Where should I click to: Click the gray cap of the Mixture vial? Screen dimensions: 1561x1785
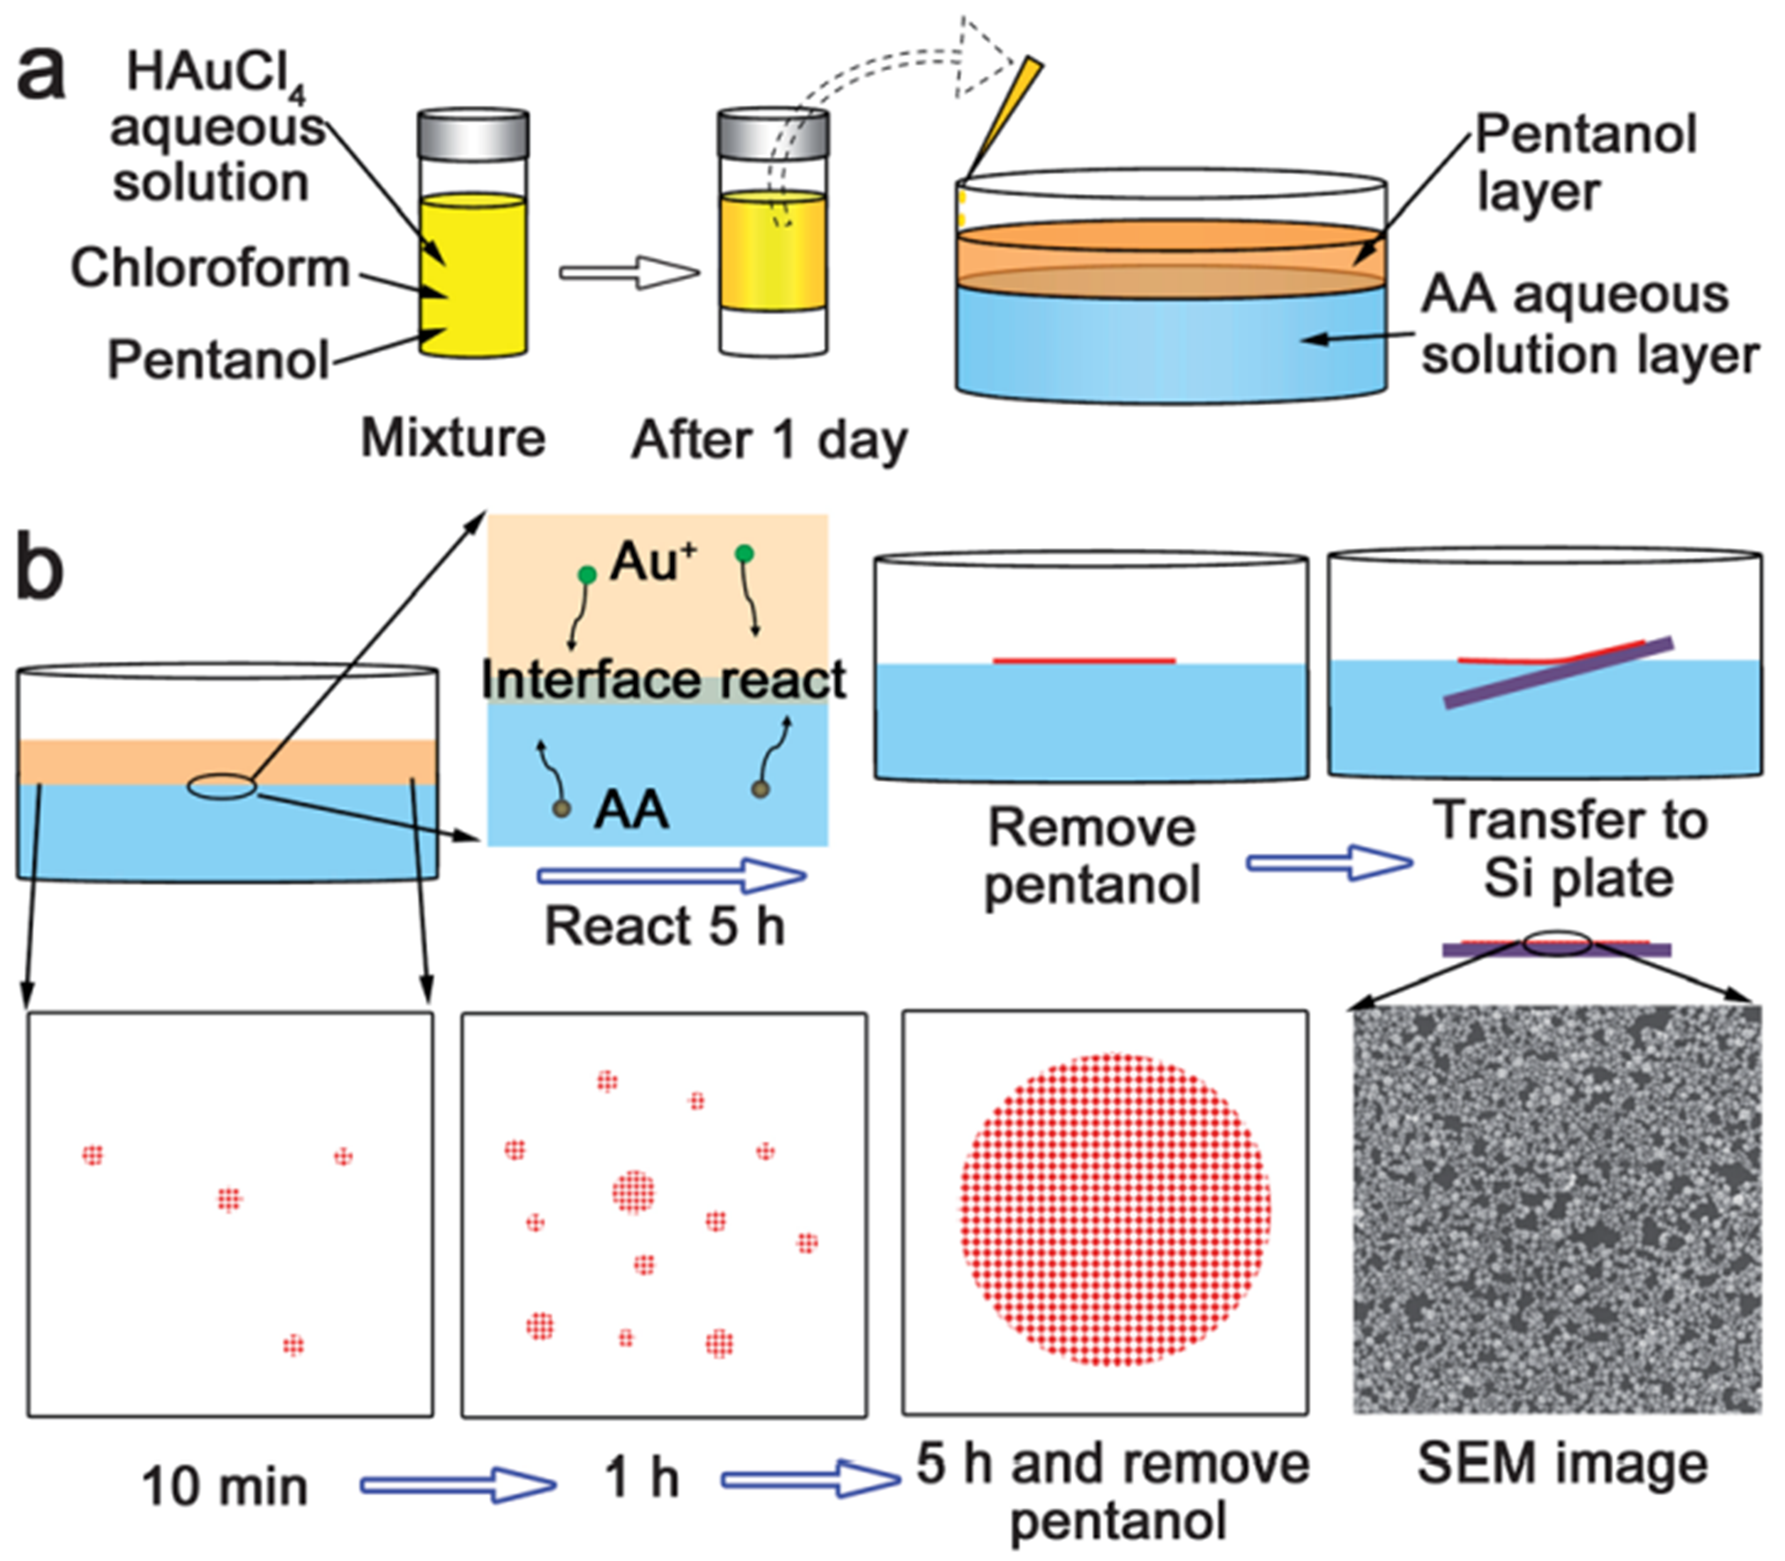pyautogui.click(x=473, y=133)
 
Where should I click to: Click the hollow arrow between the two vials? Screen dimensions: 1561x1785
pyautogui.click(x=629, y=273)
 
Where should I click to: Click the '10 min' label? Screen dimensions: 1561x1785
pyautogui.click(x=225, y=1486)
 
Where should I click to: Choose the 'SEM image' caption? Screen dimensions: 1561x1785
pyautogui.click(x=1562, y=1464)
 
